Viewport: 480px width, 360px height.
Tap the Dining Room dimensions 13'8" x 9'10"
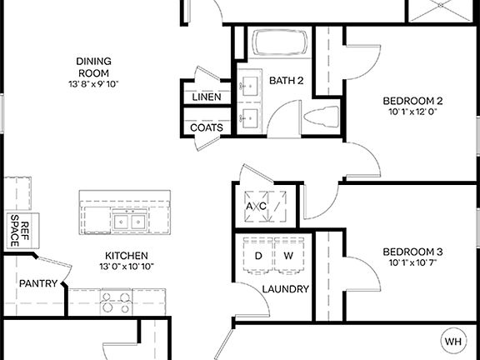click(93, 83)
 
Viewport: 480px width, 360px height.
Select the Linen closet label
click(207, 97)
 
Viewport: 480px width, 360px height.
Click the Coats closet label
click(207, 127)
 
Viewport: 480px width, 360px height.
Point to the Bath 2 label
click(286, 80)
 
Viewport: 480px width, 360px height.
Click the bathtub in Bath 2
click(281, 43)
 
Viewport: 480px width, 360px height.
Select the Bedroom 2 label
click(412, 97)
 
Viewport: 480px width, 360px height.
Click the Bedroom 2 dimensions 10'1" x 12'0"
click(412, 110)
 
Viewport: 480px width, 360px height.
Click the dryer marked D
click(258, 255)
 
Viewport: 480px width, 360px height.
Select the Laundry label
click(286, 289)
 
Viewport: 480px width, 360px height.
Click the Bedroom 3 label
click(412, 252)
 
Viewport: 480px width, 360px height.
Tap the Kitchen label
click(127, 255)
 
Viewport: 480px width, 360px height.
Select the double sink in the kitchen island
click(128, 222)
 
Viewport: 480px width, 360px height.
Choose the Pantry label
click(37, 283)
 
